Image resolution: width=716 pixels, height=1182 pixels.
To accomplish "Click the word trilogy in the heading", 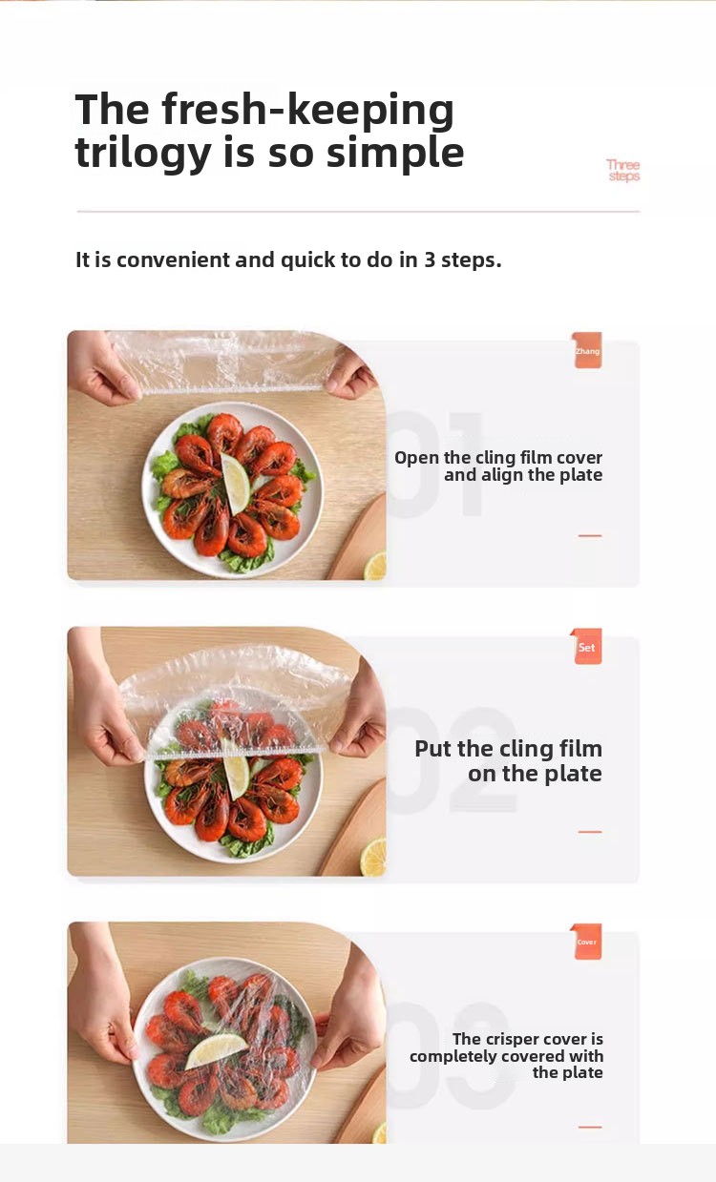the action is [143, 154].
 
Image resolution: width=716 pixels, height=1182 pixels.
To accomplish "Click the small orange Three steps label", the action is [623, 171].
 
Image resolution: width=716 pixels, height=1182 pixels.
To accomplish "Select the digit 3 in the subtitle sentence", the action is [430, 259].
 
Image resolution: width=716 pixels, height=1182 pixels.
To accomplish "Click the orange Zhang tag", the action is [587, 350].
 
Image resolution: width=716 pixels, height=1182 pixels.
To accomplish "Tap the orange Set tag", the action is [586, 647].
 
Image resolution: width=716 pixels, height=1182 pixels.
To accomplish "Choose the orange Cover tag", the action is [586, 942].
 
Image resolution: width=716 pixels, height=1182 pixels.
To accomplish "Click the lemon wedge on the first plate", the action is [236, 484].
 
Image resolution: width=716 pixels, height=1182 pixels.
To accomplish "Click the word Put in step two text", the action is [433, 748].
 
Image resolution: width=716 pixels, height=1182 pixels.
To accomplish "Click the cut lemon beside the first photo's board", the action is [375, 565].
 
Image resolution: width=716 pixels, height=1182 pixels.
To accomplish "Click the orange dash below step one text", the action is [590, 535].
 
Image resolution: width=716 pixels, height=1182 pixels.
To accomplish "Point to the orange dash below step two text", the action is [590, 832].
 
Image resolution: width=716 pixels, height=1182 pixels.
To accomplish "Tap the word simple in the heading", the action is [395, 154].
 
